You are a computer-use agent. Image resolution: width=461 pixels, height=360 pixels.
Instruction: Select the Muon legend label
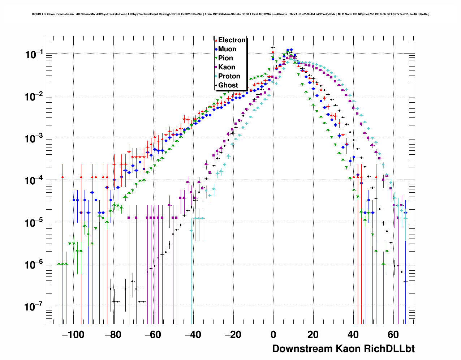point(227,49)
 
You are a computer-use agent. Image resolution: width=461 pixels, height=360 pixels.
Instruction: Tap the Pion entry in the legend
point(225,58)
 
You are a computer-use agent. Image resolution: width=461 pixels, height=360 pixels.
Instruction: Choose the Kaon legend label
point(227,67)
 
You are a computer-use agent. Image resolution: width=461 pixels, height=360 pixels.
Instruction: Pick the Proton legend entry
point(229,76)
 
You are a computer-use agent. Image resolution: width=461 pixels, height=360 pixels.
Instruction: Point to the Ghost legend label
point(228,85)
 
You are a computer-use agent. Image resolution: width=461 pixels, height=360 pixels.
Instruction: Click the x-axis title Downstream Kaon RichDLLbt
point(343,349)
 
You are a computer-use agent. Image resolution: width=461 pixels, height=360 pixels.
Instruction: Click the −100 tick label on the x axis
point(73,335)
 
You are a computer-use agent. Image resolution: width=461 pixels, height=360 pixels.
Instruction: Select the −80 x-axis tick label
point(113,335)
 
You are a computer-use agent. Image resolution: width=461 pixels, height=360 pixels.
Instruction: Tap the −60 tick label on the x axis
point(153,335)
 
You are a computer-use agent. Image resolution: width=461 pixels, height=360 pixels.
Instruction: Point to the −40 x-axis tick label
point(193,335)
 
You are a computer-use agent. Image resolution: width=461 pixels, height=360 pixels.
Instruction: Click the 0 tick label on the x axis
point(273,335)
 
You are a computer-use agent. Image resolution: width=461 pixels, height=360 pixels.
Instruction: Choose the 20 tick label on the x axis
point(313,335)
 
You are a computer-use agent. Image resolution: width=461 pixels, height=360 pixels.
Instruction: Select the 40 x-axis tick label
point(353,335)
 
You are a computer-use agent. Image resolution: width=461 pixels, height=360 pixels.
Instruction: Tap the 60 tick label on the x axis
point(393,335)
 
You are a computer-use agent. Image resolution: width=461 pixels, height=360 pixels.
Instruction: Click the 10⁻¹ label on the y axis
point(34,55)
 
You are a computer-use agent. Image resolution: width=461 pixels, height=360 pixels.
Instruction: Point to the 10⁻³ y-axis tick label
point(34,139)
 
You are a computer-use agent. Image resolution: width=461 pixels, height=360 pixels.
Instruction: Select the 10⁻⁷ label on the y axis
point(34,307)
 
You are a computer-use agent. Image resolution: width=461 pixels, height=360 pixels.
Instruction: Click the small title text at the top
point(231,14)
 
